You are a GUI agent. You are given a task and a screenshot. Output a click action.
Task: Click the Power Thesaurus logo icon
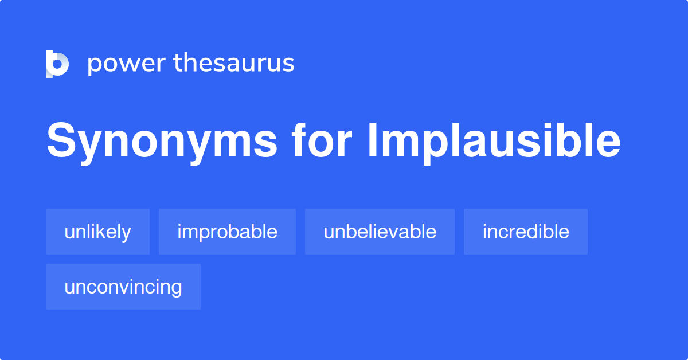57,64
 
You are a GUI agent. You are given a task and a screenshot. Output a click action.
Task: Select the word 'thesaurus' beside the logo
234,64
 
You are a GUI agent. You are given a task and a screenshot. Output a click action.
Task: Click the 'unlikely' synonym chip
97,232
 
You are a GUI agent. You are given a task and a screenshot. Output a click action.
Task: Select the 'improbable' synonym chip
227,232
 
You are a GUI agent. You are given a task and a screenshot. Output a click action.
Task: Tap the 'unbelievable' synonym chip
380,232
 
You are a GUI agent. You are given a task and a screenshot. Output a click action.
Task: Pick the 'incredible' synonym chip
526,232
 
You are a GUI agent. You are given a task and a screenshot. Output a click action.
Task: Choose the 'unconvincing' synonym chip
123,287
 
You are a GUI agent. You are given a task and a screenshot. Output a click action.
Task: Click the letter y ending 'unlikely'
127,234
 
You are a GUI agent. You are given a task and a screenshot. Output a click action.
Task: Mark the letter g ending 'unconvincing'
177,289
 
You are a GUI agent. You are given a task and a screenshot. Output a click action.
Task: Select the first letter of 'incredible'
484,231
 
